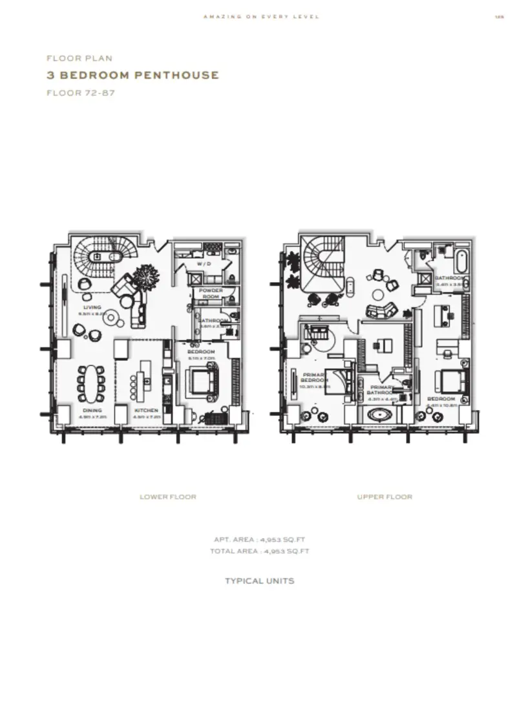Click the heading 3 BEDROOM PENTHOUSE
point(133,75)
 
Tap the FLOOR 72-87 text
point(75,92)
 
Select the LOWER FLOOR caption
point(168,497)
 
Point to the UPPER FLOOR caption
point(385,497)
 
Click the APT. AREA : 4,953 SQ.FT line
point(260,539)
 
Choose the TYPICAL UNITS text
point(259,581)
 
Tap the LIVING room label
point(92,307)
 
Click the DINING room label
point(92,411)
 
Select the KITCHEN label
point(146,411)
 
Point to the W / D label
point(204,265)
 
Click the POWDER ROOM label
point(211,293)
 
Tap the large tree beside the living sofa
point(145,279)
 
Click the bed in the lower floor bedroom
point(202,382)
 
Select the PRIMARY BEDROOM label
point(314,378)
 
